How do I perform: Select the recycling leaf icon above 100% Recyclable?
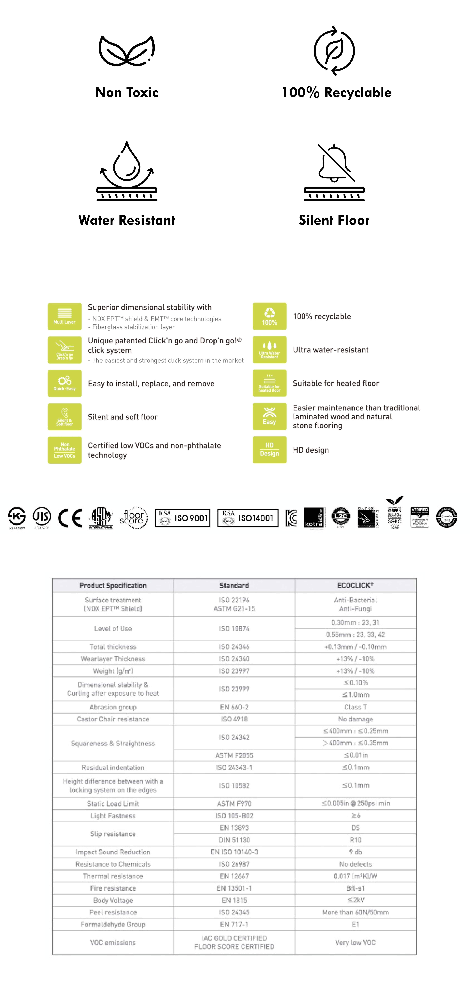pos(334,51)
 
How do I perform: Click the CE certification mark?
pos(70,518)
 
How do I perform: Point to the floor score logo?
pos(133,518)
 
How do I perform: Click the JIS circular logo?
pos(42,517)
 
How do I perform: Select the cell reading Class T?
pos(355,707)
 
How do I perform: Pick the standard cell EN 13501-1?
pos(234,888)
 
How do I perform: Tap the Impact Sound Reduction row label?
pos(113,852)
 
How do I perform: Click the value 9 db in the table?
pos(355,852)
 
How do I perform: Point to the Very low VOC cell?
pos(355,942)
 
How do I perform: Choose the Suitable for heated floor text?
pos(336,383)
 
